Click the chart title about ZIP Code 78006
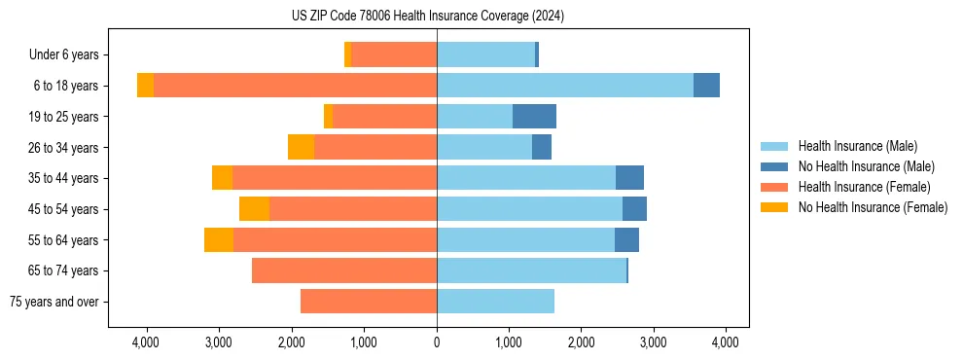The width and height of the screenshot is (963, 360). (427, 17)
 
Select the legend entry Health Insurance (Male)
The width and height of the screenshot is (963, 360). (857, 146)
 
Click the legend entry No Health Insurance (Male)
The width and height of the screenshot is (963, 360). (866, 166)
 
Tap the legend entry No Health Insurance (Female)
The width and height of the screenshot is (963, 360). (873, 207)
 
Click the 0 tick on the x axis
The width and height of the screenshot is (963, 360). (437, 342)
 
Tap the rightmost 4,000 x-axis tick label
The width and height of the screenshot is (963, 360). (725, 342)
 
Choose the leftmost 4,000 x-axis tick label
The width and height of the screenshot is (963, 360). (146, 342)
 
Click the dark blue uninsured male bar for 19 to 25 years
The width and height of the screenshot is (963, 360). (534, 117)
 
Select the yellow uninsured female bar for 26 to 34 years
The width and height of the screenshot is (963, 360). (301, 147)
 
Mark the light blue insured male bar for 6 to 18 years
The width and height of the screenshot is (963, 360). (564, 86)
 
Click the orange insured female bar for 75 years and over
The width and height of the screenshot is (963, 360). (368, 302)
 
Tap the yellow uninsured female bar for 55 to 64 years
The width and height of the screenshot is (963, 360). (219, 239)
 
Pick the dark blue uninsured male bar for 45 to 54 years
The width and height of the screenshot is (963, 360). (634, 209)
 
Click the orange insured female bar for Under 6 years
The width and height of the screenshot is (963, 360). (394, 55)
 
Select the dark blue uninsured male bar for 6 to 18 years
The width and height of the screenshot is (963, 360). (706, 86)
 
